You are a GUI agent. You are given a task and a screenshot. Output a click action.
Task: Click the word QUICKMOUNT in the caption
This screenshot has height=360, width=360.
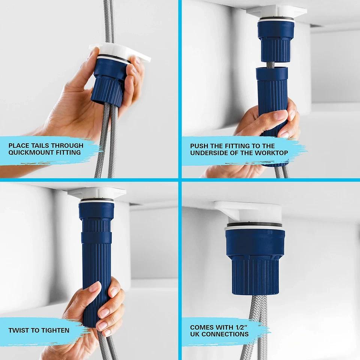tap(27, 153)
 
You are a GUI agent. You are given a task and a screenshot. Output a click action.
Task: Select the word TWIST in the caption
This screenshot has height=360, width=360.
tap(18, 330)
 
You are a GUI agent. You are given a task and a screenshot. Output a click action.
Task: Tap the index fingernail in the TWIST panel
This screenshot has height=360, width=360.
tap(94, 287)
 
